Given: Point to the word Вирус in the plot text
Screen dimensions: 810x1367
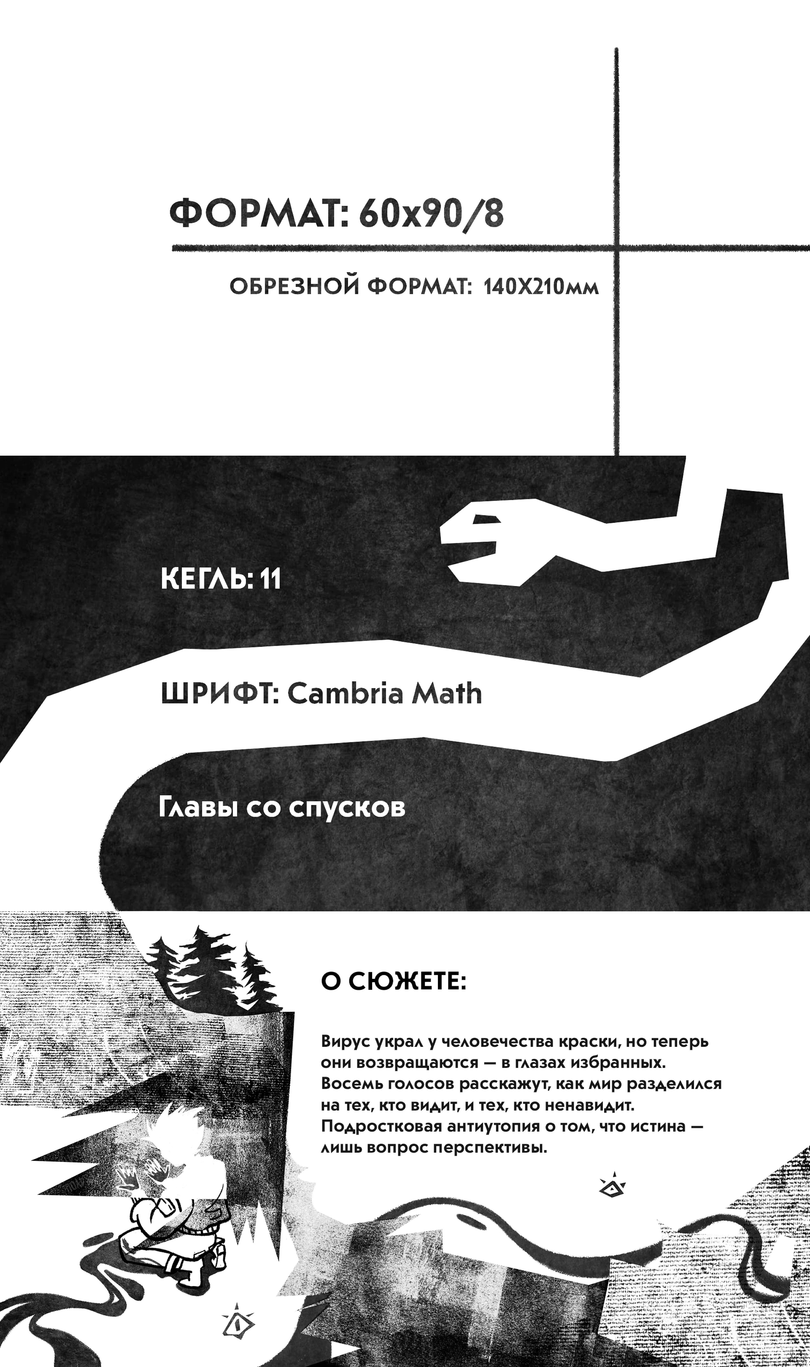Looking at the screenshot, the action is [x=346, y=1041].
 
